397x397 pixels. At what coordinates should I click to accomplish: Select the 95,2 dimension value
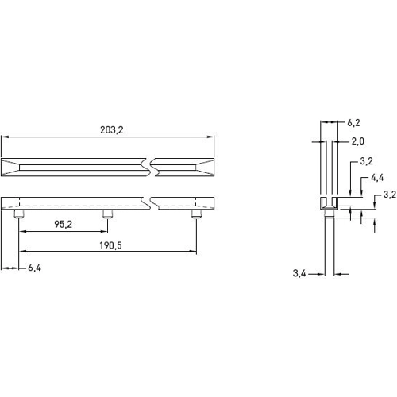(x=64, y=225)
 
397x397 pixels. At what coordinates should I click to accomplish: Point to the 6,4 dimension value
(x=34, y=268)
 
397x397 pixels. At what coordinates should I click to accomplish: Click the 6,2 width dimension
(x=354, y=123)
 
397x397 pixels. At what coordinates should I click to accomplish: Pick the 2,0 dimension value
(x=357, y=141)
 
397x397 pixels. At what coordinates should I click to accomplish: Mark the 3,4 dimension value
(x=299, y=273)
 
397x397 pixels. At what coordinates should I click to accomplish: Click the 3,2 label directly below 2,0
(x=367, y=161)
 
